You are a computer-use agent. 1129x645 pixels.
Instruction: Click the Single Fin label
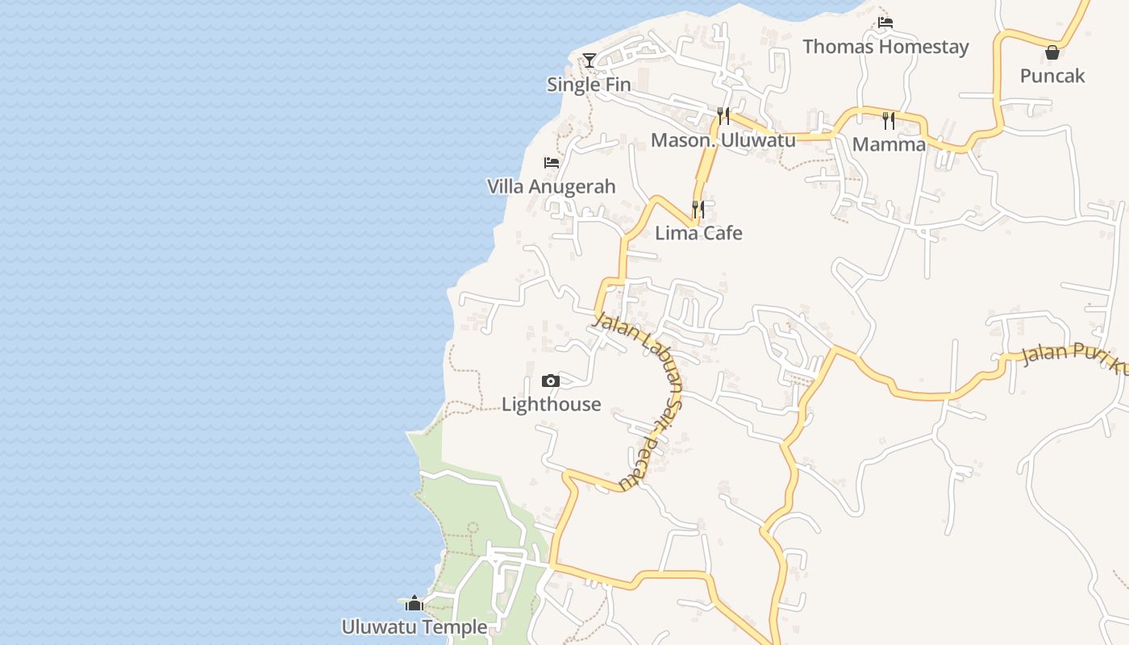point(589,85)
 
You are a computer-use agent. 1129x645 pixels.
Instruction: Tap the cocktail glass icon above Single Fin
point(589,60)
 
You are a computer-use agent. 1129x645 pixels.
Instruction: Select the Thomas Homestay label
point(885,47)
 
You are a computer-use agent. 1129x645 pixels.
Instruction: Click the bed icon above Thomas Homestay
point(885,23)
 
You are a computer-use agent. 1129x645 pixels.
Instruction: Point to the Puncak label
point(1052,76)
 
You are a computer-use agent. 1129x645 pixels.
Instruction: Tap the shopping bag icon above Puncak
point(1052,52)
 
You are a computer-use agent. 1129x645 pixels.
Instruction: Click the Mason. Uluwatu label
point(723,140)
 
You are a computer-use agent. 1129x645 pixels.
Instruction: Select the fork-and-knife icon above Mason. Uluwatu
point(723,116)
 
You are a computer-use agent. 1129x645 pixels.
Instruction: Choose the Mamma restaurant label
point(889,145)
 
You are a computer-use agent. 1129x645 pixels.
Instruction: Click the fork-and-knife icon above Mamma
point(889,121)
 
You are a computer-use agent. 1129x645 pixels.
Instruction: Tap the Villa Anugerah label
point(551,187)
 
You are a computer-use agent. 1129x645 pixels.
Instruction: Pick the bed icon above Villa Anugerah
point(552,163)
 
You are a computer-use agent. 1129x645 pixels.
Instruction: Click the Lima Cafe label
point(698,234)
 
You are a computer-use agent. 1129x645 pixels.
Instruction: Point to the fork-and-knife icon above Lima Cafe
point(698,210)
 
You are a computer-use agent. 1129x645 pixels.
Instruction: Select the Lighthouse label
point(551,405)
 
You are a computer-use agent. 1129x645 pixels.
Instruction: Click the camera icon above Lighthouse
point(551,381)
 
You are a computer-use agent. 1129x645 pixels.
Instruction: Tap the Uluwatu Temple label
point(414,627)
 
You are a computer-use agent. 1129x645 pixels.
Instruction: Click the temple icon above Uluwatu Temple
point(415,603)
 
